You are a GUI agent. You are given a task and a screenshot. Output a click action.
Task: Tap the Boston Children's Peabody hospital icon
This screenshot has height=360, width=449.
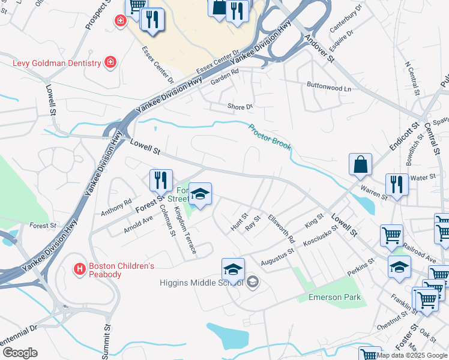pos(78,269)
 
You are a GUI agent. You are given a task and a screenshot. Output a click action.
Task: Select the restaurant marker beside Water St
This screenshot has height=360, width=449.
pos(397,185)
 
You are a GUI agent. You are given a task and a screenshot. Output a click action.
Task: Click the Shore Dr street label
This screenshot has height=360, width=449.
pos(240,107)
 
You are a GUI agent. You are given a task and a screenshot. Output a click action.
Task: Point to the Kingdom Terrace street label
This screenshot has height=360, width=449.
pos(184,230)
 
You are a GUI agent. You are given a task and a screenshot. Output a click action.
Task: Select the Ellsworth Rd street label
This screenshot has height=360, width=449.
pos(282,229)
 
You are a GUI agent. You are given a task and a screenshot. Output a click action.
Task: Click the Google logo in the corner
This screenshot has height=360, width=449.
pos(19,352)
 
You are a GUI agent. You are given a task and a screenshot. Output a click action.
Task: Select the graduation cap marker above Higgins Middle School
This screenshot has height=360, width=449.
pos(233,270)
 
